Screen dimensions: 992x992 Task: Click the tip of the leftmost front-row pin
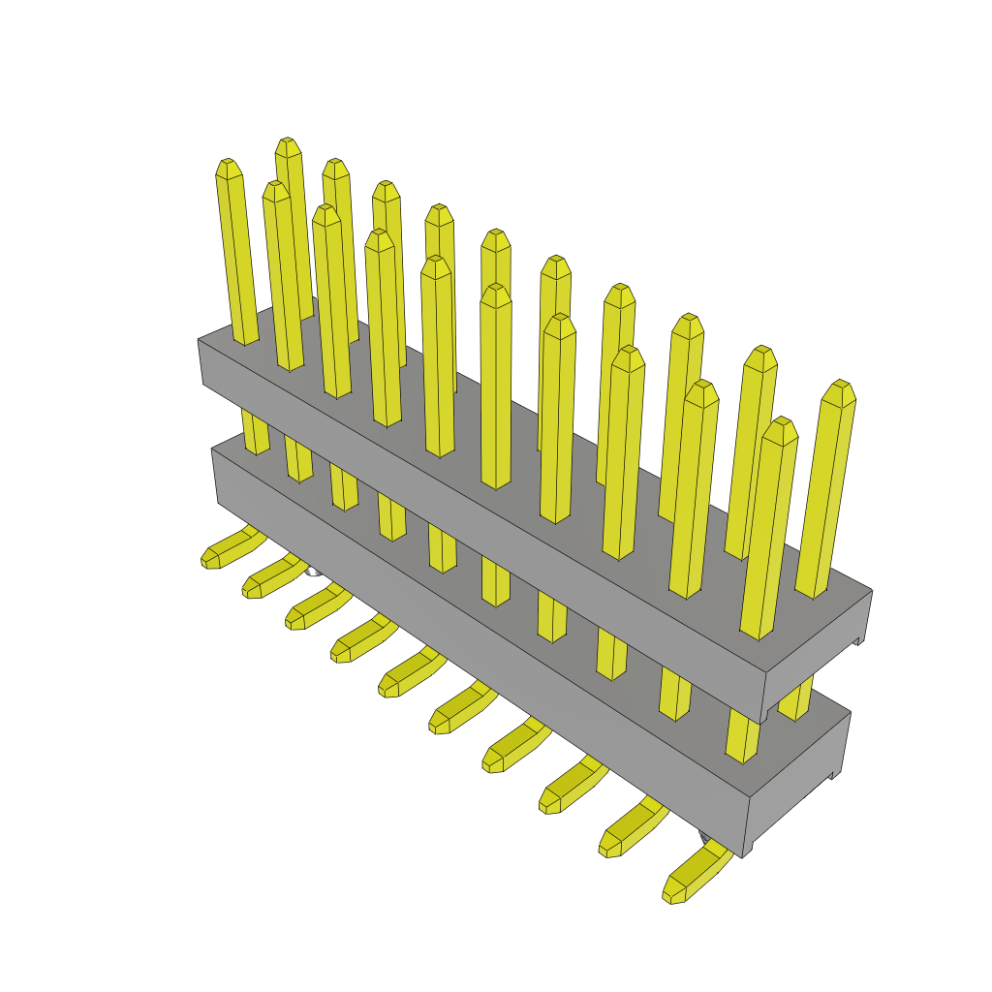[x=228, y=167]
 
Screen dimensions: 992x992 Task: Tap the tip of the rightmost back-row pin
[x=840, y=387]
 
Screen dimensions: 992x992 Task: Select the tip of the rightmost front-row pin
[x=780, y=426]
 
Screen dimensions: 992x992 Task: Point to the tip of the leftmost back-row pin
[x=287, y=145]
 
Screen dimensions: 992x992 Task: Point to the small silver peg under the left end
[x=312, y=571]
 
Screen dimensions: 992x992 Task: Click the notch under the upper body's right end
[x=858, y=640]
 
